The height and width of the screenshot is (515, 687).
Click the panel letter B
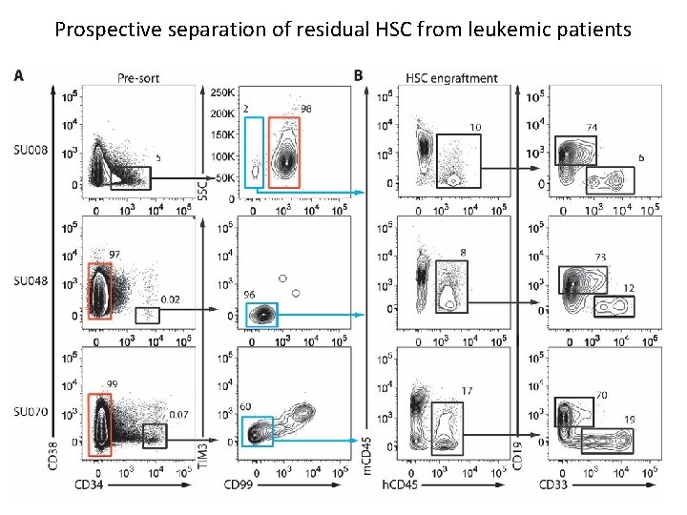358,75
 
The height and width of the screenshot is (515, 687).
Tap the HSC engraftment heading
450,77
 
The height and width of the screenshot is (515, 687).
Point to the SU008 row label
30,149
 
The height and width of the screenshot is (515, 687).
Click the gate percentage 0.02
171,299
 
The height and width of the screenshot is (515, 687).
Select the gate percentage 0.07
177,415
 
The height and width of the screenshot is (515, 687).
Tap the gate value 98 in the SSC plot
306,110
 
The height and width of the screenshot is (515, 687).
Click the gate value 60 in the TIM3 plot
246,407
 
